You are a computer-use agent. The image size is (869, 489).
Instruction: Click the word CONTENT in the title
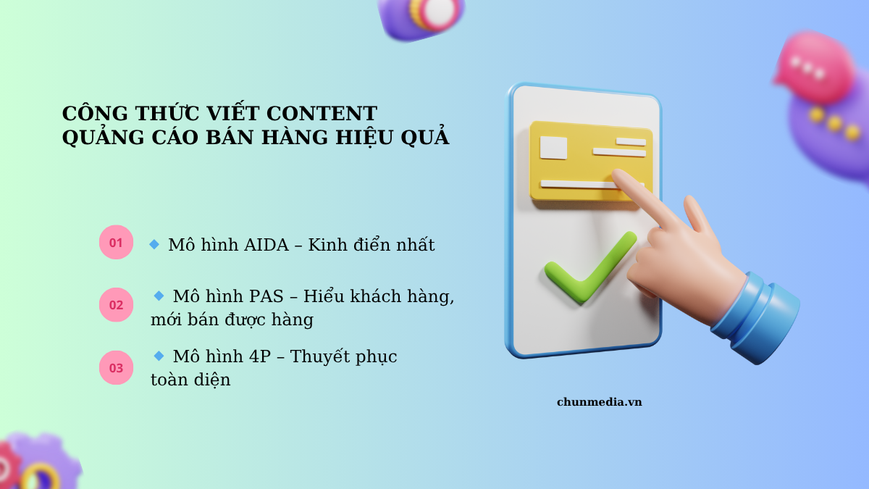[x=322, y=113]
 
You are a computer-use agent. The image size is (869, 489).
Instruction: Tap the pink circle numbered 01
[x=116, y=242]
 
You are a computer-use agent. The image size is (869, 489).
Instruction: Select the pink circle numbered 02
[x=116, y=305]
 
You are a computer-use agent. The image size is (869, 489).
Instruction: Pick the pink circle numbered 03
[x=116, y=367]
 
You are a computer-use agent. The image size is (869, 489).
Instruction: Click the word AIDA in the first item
[x=266, y=245]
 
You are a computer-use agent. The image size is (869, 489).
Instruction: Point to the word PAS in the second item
[x=266, y=296]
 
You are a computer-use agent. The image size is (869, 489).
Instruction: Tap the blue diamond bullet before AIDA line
[x=154, y=244]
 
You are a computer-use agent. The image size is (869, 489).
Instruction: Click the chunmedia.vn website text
[x=600, y=402]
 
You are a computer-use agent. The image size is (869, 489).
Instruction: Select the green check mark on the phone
[x=589, y=268]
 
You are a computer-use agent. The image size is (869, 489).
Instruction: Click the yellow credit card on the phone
[x=589, y=162]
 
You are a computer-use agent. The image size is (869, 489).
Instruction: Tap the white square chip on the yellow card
[x=553, y=148]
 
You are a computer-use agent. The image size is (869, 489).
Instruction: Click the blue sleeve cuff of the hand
[x=755, y=318]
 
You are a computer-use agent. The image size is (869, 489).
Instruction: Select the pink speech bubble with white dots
[x=815, y=68]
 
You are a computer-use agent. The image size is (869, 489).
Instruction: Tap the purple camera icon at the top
[x=421, y=19]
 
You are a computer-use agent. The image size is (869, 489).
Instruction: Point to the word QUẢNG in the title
[x=103, y=138]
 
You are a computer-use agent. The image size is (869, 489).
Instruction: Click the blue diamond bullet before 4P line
[x=159, y=356]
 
